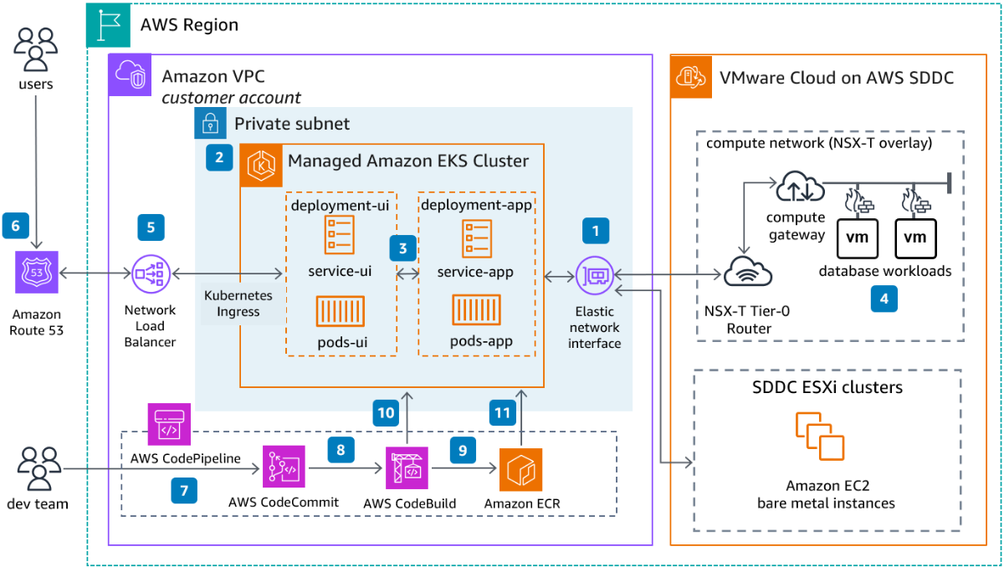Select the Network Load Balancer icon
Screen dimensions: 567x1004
coord(151,273)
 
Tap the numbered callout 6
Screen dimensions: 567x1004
coord(16,225)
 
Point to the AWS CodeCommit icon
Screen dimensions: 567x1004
coord(284,467)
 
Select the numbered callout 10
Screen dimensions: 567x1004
coord(386,412)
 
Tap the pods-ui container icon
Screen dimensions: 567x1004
coord(340,312)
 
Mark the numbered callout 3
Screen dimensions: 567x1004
coord(402,248)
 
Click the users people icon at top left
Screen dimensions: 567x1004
coord(36,49)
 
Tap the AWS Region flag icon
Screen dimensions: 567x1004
coord(109,25)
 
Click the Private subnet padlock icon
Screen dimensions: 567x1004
coord(210,124)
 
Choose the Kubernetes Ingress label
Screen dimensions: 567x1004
coord(238,304)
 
